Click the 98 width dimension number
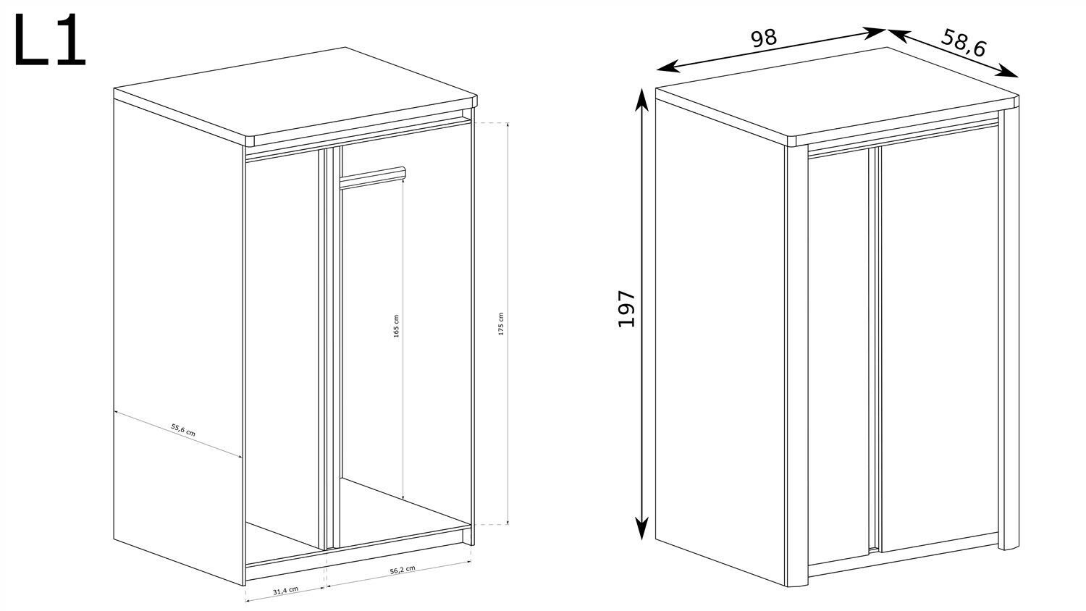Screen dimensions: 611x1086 [x=764, y=38]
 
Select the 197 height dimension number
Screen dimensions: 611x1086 [x=626, y=308]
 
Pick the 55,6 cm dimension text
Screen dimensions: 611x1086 [x=183, y=431]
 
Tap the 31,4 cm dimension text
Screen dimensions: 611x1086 [x=285, y=590]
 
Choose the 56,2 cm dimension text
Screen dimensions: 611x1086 [x=402, y=570]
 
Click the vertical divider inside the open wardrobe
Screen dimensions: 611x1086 [x=325, y=347]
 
